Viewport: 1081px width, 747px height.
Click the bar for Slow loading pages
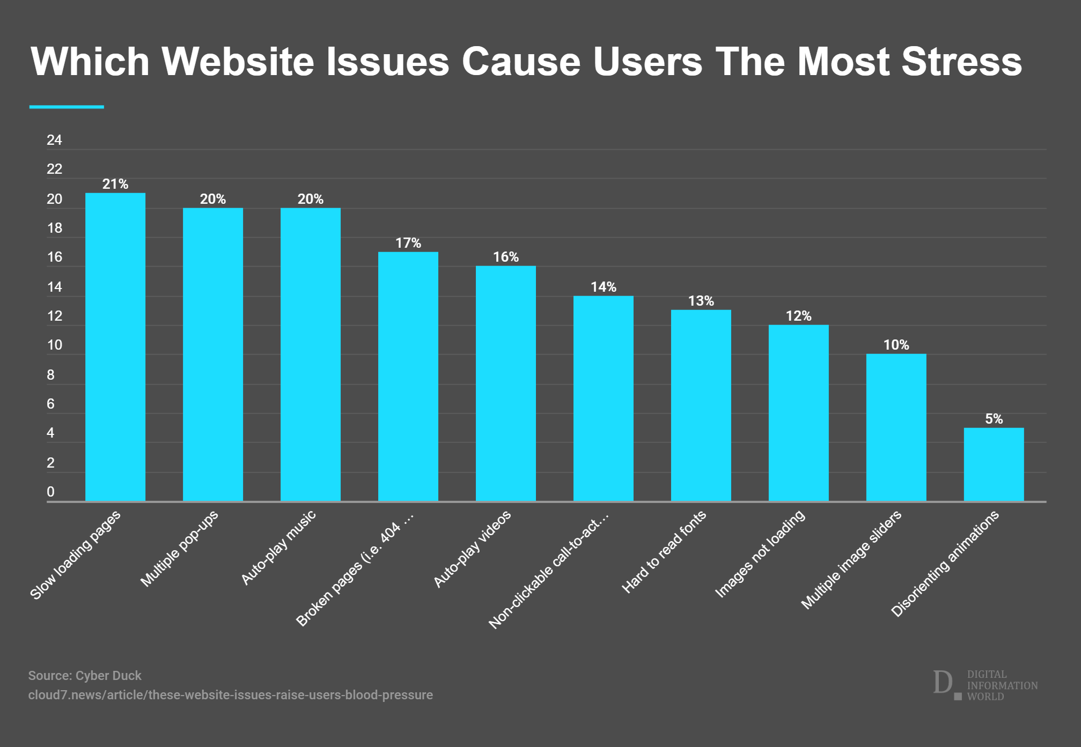(115, 347)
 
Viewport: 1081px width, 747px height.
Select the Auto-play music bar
(311, 354)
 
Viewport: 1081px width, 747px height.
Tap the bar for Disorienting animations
(994, 464)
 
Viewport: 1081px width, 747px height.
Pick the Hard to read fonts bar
(701, 405)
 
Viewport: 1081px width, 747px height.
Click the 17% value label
(408, 243)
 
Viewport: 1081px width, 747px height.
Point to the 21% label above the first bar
(115, 184)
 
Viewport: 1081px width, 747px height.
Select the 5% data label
(994, 419)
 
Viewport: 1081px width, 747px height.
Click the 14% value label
(604, 287)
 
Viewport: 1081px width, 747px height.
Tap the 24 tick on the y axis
(54, 140)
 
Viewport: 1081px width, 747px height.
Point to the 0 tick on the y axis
(50, 492)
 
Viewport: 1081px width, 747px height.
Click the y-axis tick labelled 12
(54, 316)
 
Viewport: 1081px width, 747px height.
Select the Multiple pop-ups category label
(179, 548)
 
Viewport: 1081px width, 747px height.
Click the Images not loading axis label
(760, 553)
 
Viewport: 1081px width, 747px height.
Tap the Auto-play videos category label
(472, 549)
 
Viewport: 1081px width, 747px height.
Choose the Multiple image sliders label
(851, 559)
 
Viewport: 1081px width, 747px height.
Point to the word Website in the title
(238, 61)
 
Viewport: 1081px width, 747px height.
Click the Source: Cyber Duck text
(85, 676)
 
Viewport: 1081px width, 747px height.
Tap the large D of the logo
(942, 682)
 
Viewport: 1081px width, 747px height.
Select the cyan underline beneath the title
(67, 107)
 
